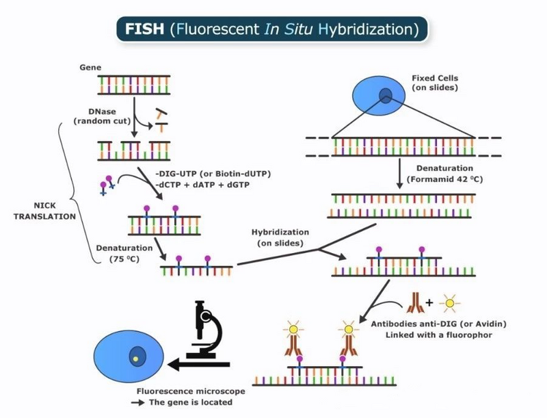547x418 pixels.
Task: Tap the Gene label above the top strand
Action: point(90,68)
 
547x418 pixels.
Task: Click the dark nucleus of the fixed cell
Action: point(387,96)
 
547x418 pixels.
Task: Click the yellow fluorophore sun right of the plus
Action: point(449,302)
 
